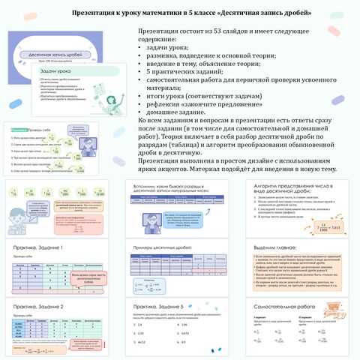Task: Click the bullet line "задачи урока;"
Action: pyautogui.click(x=168, y=46)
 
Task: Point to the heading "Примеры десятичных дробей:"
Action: pyautogui.click(x=163, y=247)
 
